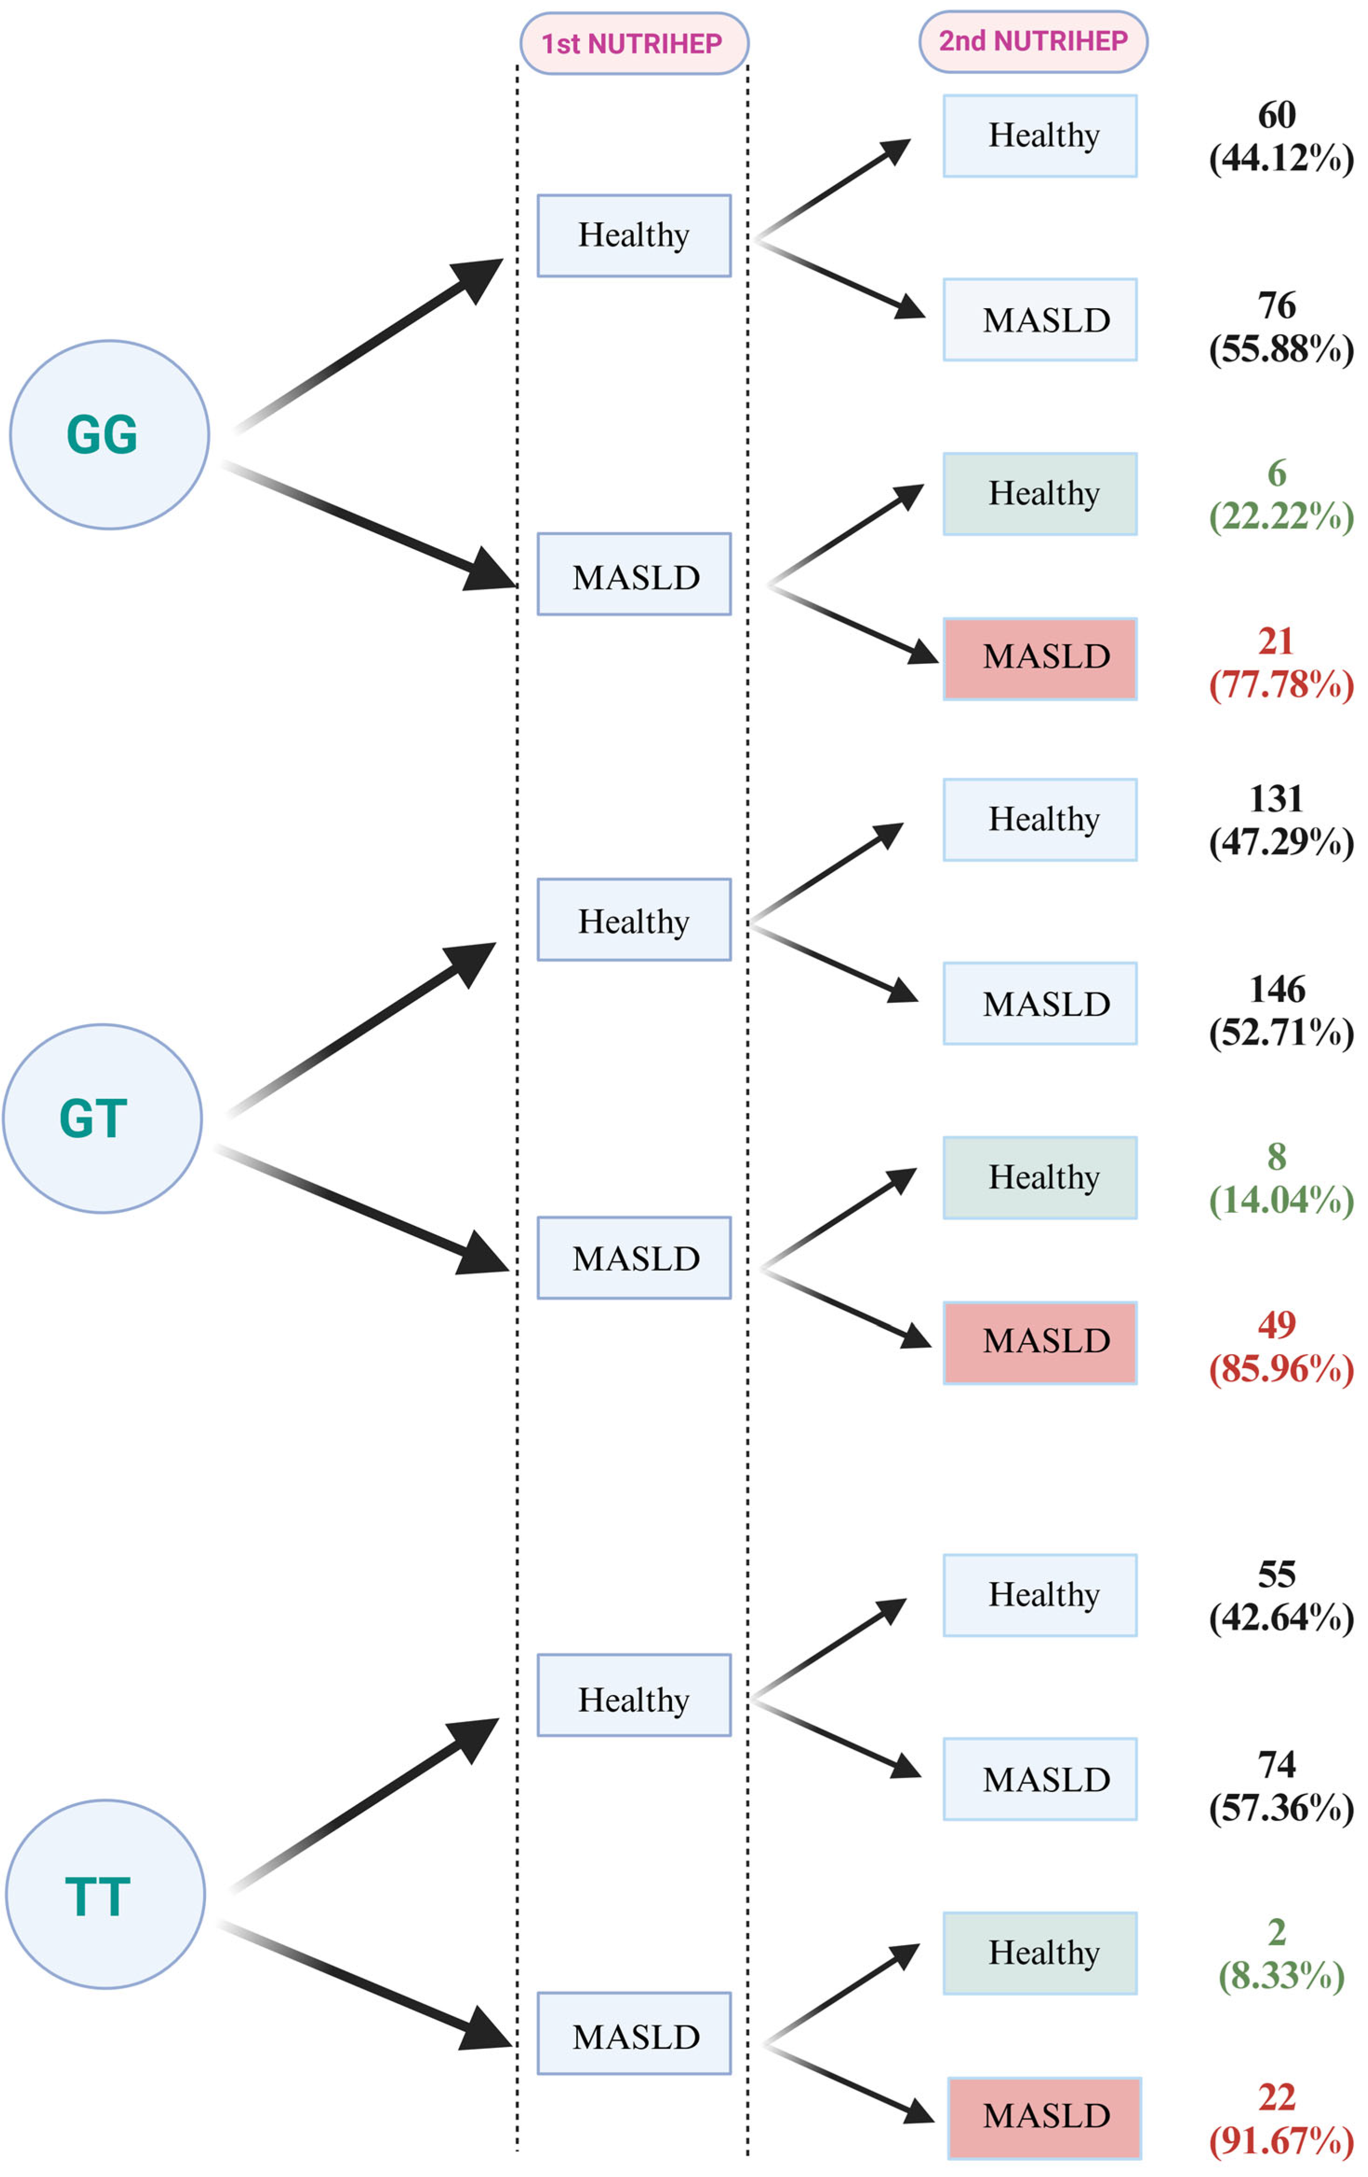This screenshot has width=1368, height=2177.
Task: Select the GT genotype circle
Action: click(102, 1118)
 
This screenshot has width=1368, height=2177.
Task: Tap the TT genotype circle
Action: click(105, 1894)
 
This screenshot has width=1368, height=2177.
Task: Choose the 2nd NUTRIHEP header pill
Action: click(1033, 41)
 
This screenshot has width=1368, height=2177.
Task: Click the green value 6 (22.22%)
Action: click(1280, 495)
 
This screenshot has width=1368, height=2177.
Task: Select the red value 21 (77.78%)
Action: click(1280, 663)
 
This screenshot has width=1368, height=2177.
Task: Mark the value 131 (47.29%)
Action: click(1280, 820)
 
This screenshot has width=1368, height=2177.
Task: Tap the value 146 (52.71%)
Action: click(1280, 1011)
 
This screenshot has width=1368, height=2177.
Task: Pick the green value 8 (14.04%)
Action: click(1280, 1178)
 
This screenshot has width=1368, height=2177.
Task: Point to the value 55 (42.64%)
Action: click(1280, 1596)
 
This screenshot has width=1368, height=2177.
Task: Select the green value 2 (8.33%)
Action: click(1280, 1953)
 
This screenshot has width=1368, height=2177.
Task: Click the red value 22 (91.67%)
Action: click(1280, 2118)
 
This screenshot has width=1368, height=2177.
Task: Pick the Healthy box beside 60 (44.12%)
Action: click(1040, 136)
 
